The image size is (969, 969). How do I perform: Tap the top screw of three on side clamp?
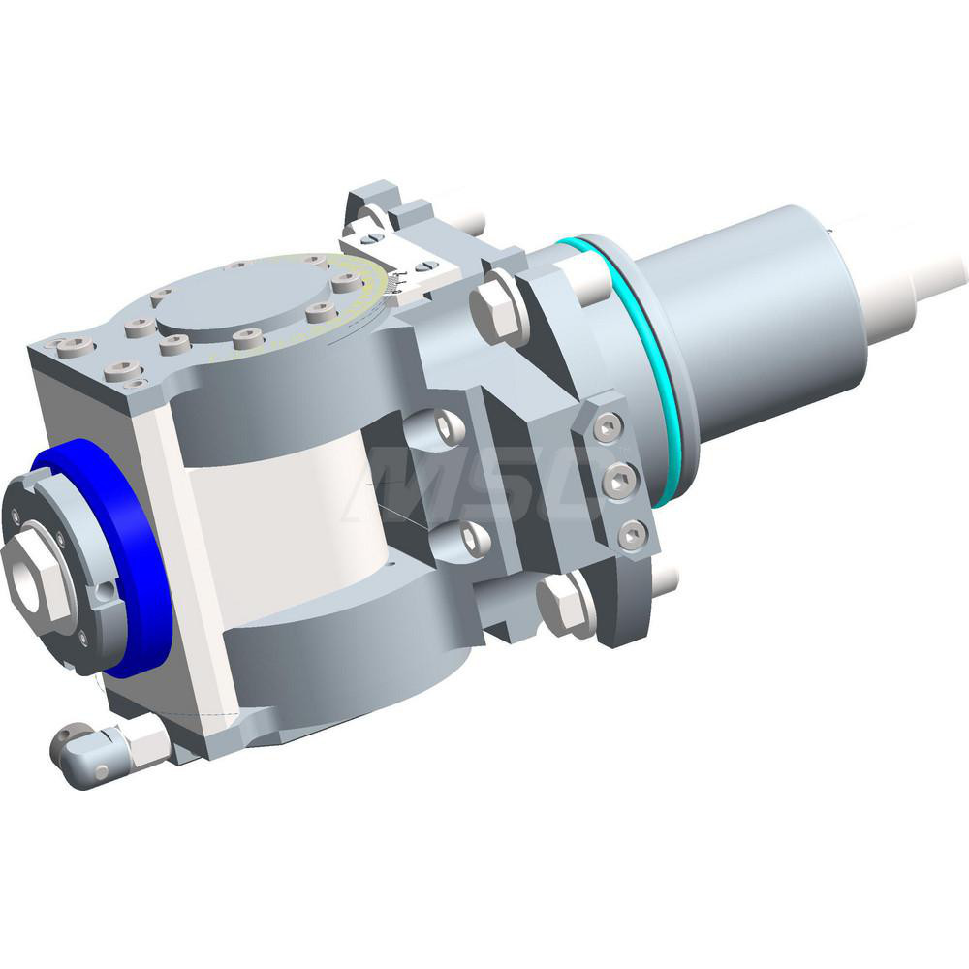click(608, 427)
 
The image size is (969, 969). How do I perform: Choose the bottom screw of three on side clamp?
click(632, 534)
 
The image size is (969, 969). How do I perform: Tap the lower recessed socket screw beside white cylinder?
click(473, 541)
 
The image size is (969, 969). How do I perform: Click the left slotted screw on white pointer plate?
click(369, 234)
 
